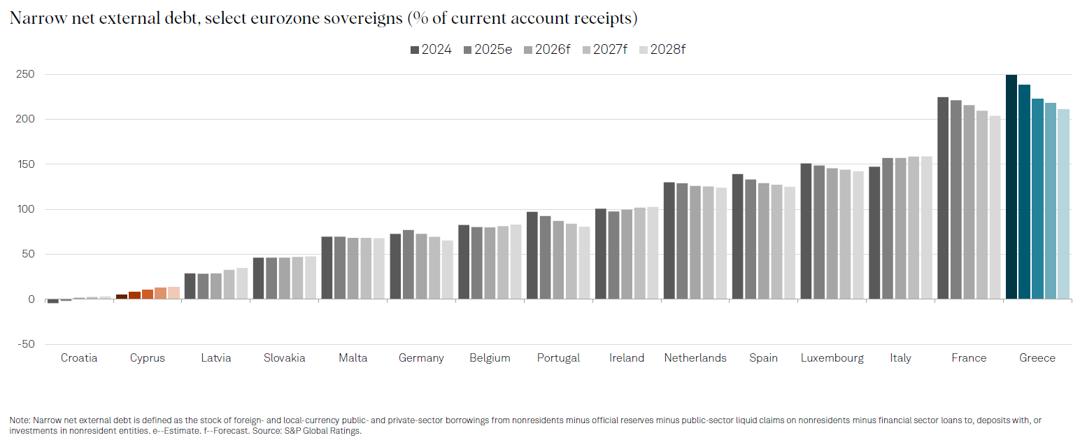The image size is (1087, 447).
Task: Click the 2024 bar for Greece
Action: (x=1011, y=187)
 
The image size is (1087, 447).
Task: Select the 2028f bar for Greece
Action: (x=1063, y=204)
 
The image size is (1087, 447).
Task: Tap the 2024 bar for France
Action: (x=942, y=198)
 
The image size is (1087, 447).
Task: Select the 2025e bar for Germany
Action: (x=408, y=264)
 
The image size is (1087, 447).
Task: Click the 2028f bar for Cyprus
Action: (x=173, y=293)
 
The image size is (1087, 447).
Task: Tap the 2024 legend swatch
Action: (x=415, y=50)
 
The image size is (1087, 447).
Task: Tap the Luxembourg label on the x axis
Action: (x=832, y=358)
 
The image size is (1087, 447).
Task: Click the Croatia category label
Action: (x=79, y=358)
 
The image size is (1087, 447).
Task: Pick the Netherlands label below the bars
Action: (x=695, y=358)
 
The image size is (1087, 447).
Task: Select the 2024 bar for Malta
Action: (x=327, y=268)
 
